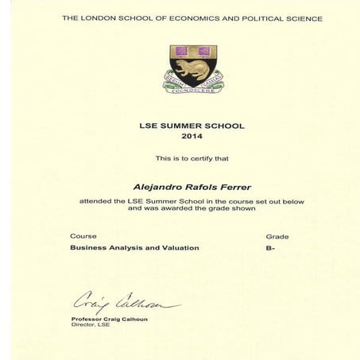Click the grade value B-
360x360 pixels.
tap(271, 248)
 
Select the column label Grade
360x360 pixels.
tap(277, 236)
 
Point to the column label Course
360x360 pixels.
tap(83, 236)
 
